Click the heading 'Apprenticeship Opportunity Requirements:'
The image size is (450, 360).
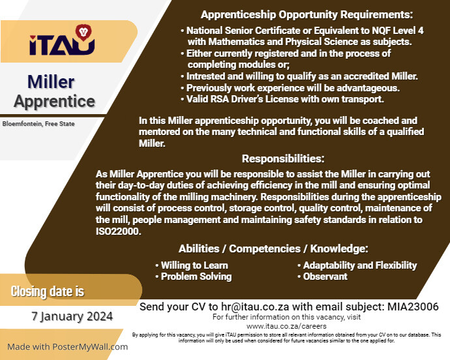coord(307,14)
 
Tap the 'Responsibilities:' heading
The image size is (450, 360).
coord(283,158)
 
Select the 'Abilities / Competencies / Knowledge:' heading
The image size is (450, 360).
coord(273,248)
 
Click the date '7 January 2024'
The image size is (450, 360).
coord(72,316)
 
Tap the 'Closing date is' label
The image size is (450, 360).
coord(48,291)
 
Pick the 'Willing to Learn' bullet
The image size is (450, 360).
coord(194,265)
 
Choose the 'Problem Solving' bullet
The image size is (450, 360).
coord(196,277)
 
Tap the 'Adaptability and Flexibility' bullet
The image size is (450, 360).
coord(360,265)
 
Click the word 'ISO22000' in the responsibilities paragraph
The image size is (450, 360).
coord(117,231)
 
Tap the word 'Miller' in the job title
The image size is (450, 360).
coord(51,82)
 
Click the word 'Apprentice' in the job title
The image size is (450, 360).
coord(55,101)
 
